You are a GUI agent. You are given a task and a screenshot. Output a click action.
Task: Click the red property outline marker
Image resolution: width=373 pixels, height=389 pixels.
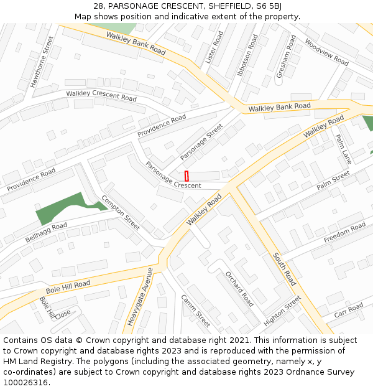186,176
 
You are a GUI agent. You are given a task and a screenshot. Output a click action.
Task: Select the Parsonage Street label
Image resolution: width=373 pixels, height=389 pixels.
201,142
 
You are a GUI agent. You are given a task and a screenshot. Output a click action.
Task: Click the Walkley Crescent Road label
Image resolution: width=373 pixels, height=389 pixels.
101,96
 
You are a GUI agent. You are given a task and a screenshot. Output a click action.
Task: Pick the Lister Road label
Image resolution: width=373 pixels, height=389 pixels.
214,47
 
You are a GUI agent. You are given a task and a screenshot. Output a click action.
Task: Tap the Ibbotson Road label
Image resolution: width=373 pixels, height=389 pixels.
247,55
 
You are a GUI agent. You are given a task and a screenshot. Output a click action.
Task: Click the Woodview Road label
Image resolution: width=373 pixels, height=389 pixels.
326,52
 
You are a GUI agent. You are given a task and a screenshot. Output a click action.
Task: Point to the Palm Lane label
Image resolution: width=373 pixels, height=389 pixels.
343,149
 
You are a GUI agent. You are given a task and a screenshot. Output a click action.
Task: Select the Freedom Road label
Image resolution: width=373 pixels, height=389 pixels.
345,232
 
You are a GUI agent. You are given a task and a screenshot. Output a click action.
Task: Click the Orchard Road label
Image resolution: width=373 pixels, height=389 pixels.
239,289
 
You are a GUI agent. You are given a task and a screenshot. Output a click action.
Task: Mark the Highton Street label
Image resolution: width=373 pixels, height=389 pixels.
282,311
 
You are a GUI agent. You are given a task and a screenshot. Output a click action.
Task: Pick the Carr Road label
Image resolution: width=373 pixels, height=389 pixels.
348,311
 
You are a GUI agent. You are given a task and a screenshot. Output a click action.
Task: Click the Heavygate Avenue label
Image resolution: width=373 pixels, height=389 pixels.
139,296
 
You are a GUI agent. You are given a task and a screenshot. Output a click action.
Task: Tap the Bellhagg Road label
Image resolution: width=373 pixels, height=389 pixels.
46,232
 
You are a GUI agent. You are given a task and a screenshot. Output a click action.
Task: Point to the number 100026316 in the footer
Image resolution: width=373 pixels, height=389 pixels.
26,382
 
